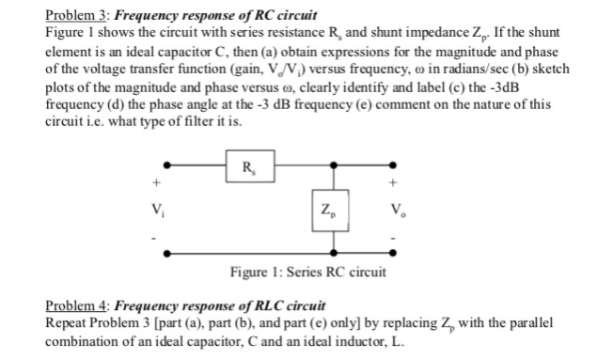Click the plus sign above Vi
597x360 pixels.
(x=169, y=183)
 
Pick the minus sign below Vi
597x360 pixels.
(x=169, y=236)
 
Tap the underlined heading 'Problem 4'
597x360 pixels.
(x=78, y=306)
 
